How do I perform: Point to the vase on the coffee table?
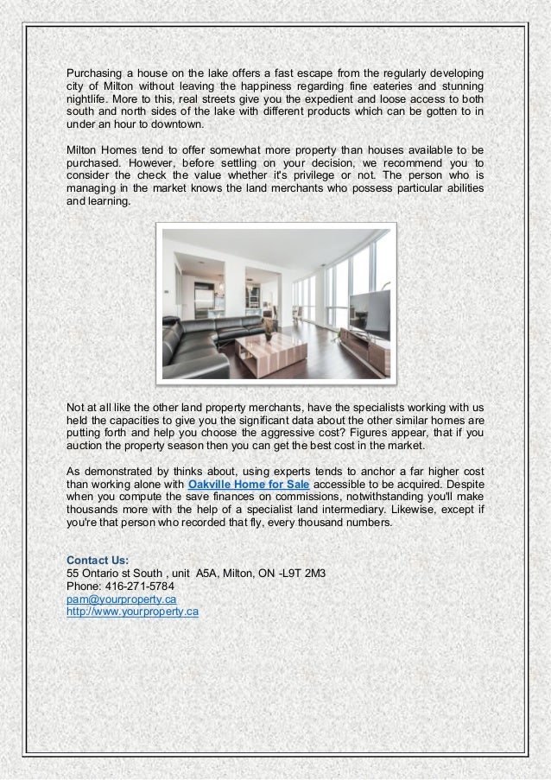pyautogui.click(x=269, y=327)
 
